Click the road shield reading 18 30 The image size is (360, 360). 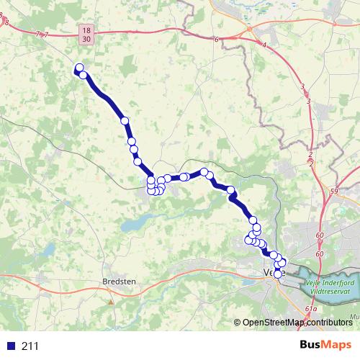point(86,34)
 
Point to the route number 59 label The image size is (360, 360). point(333,191)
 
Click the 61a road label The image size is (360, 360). point(310,308)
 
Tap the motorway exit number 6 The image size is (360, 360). point(216,39)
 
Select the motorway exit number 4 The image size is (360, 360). point(265,45)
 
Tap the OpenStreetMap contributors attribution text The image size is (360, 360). point(297,323)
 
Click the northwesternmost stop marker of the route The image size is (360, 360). point(78,68)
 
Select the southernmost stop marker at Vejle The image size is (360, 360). point(278,274)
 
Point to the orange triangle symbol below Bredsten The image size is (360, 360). point(110,302)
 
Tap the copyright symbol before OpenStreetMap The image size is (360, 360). point(238,323)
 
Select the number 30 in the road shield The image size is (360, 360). point(86,39)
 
